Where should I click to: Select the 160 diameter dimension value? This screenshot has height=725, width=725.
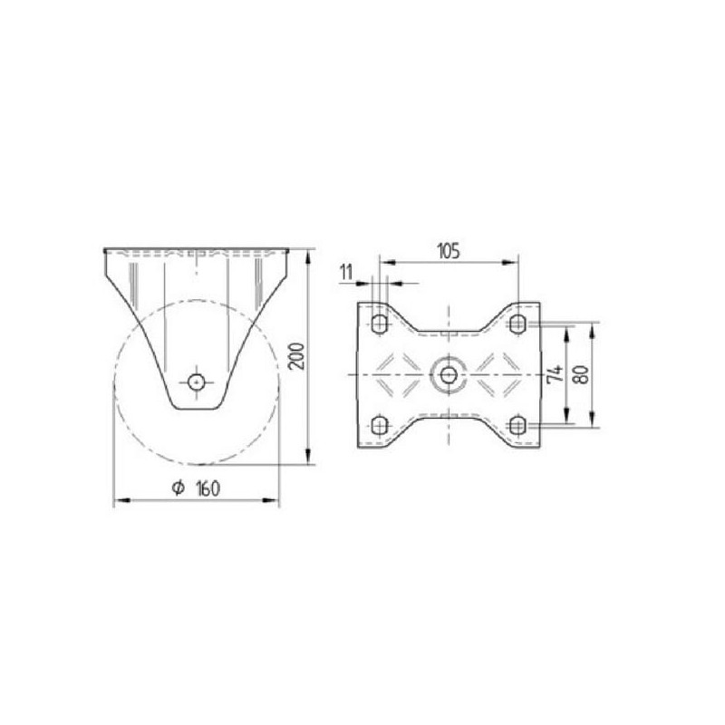[x=208, y=488]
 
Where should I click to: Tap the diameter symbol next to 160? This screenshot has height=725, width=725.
[x=178, y=488]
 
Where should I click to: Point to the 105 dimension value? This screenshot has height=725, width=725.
[x=449, y=251]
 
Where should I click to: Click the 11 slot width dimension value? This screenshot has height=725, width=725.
[x=346, y=273]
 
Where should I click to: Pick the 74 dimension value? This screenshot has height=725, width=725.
[x=555, y=373]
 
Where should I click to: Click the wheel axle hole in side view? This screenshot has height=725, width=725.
[x=197, y=382]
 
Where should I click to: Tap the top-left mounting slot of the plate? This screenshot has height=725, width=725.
[x=379, y=324]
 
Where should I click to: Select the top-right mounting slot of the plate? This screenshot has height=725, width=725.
[x=517, y=324]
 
